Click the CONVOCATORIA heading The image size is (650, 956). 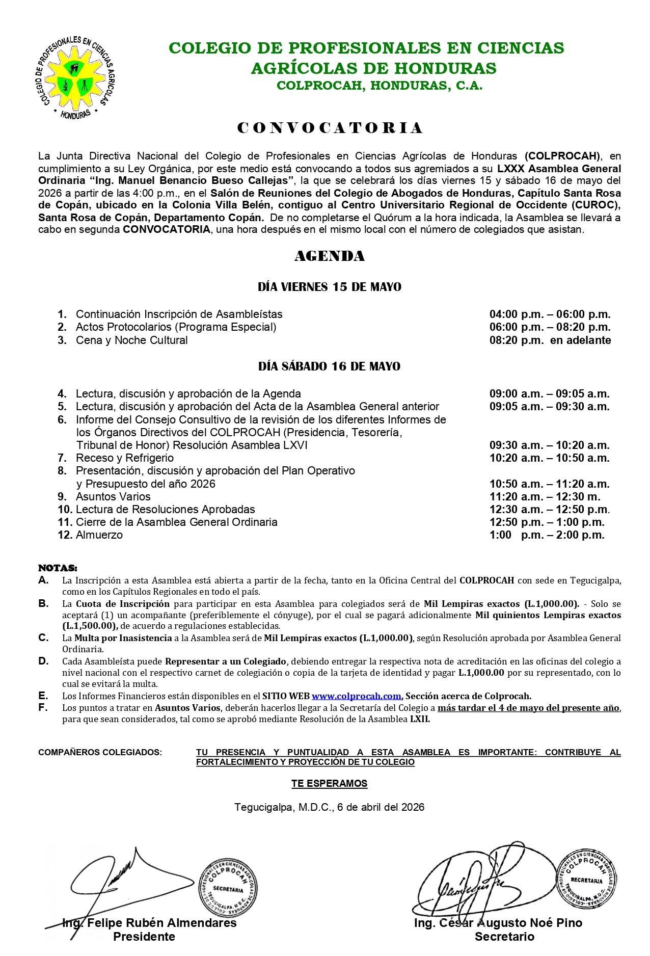[330, 128]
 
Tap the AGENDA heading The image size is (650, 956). [330, 256]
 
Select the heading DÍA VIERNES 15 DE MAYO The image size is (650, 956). [330, 287]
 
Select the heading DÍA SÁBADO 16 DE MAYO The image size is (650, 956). [330, 367]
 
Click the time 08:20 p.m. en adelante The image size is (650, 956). [550, 340]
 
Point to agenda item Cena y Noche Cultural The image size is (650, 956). [131, 340]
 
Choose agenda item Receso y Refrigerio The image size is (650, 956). [125, 458]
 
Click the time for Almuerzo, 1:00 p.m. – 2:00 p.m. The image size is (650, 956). [547, 535]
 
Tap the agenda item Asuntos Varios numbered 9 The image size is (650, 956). [113, 497]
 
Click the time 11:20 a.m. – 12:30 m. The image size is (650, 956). [545, 497]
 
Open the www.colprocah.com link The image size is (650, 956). [357, 696]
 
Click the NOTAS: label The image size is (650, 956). [58, 568]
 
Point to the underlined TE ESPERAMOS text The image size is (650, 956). [330, 784]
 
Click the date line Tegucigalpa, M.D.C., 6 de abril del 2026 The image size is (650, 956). [330, 807]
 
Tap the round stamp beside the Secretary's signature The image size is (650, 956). [586, 879]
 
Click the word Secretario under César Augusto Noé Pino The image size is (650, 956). [504, 937]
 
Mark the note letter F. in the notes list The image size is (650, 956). [43, 708]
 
